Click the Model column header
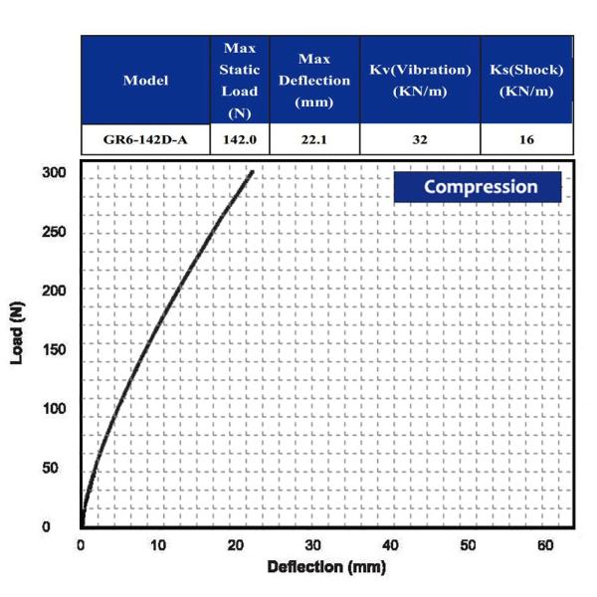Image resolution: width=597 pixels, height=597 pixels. [145, 81]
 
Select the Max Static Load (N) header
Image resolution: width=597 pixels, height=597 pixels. [240, 81]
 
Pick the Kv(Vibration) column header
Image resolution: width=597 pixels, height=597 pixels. [420, 81]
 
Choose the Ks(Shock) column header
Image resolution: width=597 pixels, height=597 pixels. [526, 81]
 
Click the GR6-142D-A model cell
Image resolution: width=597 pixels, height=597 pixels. [145, 140]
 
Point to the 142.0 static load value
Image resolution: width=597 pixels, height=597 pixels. [240, 140]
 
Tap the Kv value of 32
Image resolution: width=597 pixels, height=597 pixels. [420, 140]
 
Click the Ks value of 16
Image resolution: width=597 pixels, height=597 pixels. [526, 140]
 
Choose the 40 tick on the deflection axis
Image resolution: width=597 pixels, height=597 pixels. [390, 545]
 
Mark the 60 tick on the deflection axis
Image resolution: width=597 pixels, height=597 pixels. [545, 545]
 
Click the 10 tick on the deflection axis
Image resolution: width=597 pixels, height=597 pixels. [158, 545]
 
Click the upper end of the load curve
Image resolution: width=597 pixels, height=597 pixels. [252, 171]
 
